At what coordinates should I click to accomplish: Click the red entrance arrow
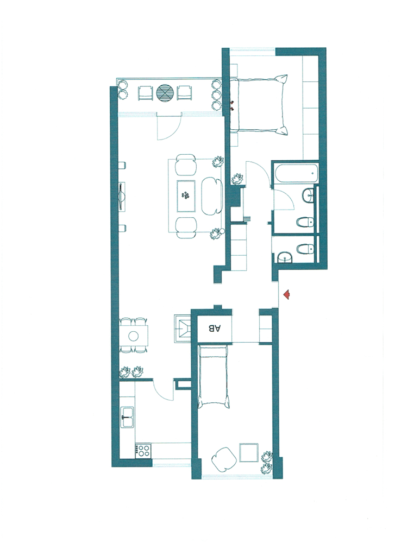pyautogui.click(x=287, y=294)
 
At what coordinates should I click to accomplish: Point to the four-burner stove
pyautogui.click(x=143, y=450)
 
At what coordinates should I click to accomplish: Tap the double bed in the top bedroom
pyautogui.click(x=259, y=103)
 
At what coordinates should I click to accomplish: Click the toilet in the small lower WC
pyautogui.click(x=306, y=249)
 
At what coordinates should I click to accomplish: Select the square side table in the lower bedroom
pyautogui.click(x=248, y=452)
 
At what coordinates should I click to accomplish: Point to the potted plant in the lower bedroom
pyautogui.click(x=267, y=462)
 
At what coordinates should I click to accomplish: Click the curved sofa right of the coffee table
pyautogui.click(x=211, y=195)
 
